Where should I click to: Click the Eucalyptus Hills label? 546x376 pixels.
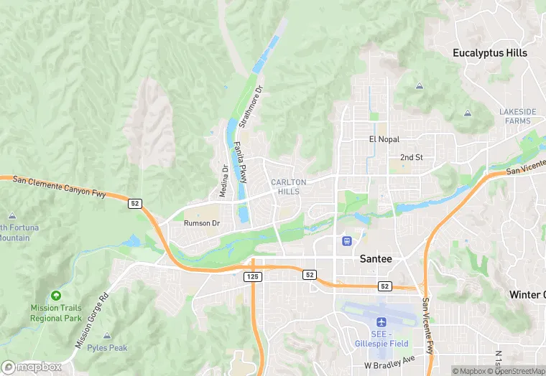490,53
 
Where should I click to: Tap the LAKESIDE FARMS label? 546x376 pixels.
518,116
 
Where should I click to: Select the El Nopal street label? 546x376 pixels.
384,139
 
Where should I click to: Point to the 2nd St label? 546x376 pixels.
411,157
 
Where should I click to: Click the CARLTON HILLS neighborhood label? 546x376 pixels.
289,187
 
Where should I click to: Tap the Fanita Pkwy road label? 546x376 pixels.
241,162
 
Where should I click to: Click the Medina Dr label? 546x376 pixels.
224,181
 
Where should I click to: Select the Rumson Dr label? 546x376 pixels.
201,223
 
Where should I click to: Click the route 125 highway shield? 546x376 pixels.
253,276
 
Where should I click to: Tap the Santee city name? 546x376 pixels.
376,259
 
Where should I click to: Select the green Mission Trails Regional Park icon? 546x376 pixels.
56,296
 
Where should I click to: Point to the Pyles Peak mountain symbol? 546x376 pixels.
107,336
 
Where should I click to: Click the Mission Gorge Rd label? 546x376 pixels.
93,320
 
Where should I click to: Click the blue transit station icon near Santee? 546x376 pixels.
347,240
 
